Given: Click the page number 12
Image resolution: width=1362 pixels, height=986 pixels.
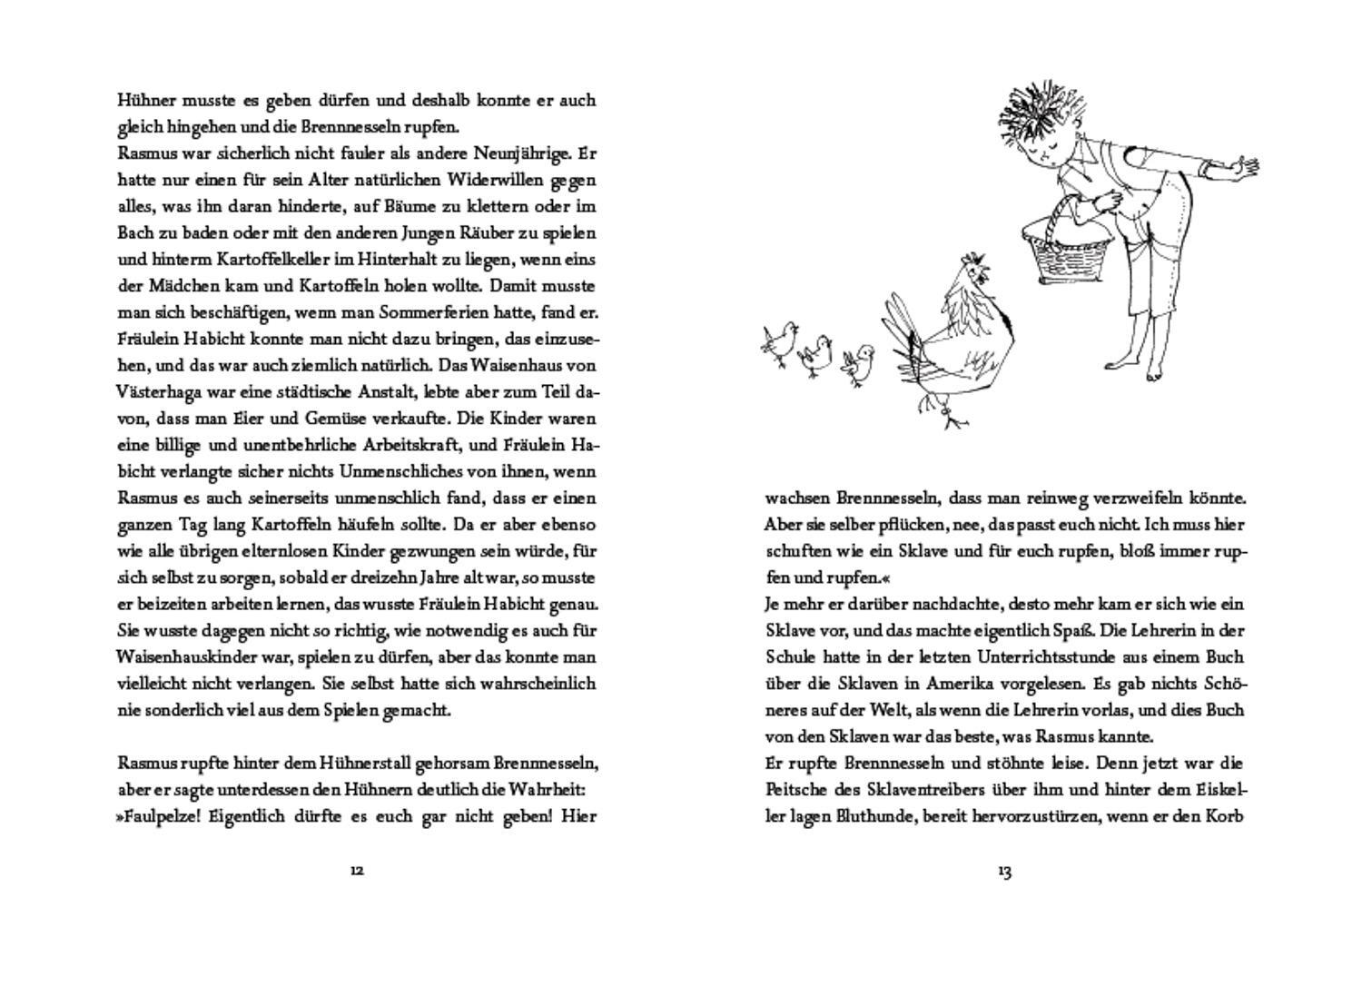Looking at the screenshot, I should coord(357,871).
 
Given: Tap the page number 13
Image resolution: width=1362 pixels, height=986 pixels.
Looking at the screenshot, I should coord(1004,872).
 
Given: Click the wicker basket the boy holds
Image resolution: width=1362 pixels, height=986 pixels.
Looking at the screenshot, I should coord(1065,256).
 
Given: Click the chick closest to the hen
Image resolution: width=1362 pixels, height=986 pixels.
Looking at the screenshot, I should coord(858,362).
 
